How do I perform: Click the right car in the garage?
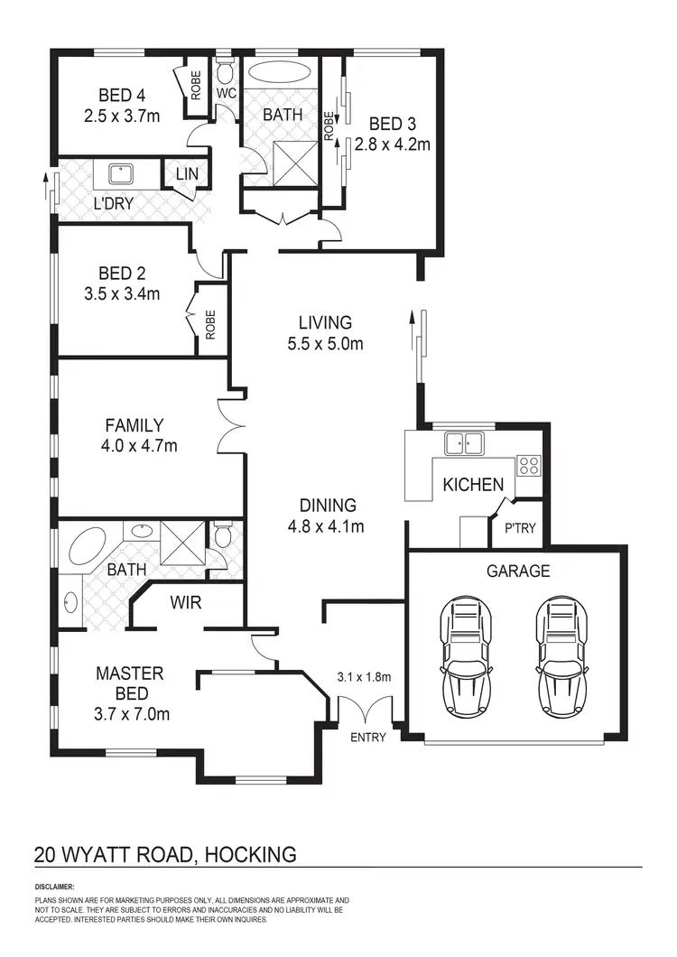point(562,659)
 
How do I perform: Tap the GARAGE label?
point(518,571)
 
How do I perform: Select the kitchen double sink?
point(463,442)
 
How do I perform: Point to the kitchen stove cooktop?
point(527,466)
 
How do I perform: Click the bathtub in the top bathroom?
point(282,73)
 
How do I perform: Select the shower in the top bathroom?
point(294,166)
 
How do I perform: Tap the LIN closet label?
point(187,173)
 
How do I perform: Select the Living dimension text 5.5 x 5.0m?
point(325,343)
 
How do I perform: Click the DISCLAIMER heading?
point(54,887)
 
